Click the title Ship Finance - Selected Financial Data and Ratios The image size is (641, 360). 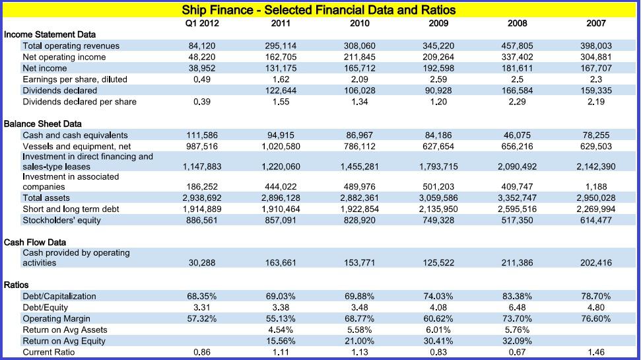point(319,10)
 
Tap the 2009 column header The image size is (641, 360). point(438,23)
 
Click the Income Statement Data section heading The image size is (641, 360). point(50,34)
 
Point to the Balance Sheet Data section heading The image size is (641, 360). point(43,124)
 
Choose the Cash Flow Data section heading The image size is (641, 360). point(35,242)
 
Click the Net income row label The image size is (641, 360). point(44,68)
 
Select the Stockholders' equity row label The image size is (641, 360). point(61,220)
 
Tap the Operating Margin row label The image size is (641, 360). point(56,319)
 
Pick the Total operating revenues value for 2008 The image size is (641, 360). point(517,46)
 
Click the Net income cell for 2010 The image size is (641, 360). point(359,68)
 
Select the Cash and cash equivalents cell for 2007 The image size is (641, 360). point(595,135)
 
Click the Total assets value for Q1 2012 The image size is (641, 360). point(201,198)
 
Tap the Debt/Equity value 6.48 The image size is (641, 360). point(517,308)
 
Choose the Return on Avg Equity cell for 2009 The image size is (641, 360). point(438,342)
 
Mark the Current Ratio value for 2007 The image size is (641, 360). point(595,353)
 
